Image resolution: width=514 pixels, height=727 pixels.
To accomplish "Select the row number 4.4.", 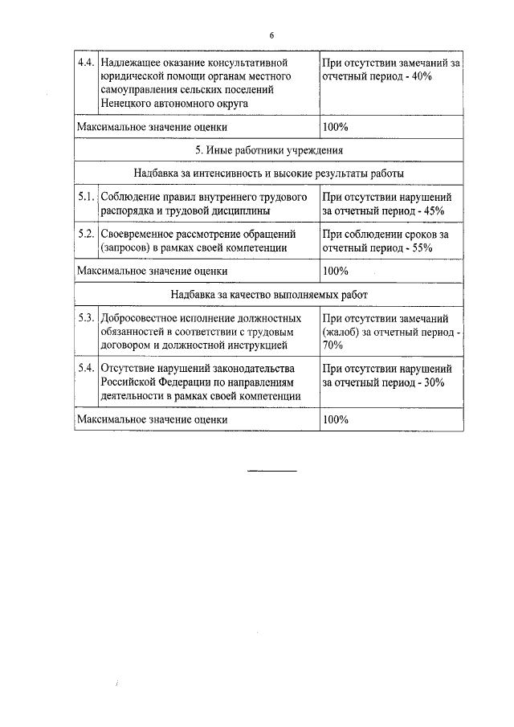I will [x=86, y=62].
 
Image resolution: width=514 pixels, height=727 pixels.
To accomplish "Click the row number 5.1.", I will [x=86, y=196].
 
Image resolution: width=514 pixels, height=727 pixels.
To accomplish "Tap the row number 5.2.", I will [x=86, y=234].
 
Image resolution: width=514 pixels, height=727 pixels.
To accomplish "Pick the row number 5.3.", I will [x=86, y=318].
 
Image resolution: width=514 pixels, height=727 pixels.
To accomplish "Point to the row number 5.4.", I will [x=86, y=368].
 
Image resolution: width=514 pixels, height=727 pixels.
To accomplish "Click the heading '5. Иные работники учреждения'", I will [x=269, y=150].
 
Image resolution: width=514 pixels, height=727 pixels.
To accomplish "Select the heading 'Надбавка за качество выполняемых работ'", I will [x=269, y=295].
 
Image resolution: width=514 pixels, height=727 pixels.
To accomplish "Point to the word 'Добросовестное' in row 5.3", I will [x=141, y=318].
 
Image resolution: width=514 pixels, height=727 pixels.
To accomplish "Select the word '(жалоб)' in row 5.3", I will [x=341, y=332].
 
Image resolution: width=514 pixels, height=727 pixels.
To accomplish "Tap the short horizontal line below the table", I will [x=271, y=469].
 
